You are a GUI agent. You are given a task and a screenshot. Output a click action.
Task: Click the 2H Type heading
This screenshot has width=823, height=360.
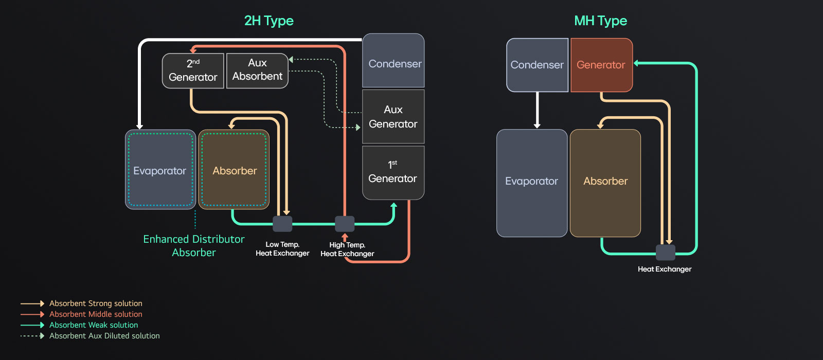pyautogui.click(x=269, y=21)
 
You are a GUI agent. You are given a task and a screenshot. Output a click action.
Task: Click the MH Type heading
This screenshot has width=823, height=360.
pyautogui.click(x=600, y=21)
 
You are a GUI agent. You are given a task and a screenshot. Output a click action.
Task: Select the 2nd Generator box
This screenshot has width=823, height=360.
pyautogui.click(x=193, y=70)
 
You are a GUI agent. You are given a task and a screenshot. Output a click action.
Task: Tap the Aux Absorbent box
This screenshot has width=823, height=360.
pyautogui.click(x=257, y=70)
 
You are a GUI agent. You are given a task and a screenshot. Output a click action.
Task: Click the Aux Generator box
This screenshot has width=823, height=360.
pyautogui.click(x=393, y=117)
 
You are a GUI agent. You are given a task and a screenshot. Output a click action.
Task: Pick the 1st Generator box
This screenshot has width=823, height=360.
pyautogui.click(x=393, y=172)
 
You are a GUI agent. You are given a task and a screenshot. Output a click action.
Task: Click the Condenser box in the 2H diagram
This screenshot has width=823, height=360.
pyautogui.click(x=394, y=61)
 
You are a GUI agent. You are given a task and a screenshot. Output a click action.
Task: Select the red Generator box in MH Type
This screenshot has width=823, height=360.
pyautogui.click(x=601, y=65)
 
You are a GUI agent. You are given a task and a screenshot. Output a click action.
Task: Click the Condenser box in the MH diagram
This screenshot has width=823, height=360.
pyautogui.click(x=537, y=65)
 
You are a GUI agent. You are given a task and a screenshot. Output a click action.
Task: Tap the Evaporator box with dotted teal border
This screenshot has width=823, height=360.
pyautogui.click(x=160, y=170)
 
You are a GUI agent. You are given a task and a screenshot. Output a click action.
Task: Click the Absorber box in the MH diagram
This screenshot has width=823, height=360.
pyautogui.click(x=605, y=183)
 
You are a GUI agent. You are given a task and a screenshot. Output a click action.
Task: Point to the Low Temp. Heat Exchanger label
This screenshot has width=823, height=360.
pyautogui.click(x=282, y=249)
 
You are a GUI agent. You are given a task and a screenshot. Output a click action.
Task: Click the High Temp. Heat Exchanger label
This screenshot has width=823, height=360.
pyautogui.click(x=347, y=249)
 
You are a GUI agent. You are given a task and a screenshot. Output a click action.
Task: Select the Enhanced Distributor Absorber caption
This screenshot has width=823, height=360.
pyautogui.click(x=194, y=246)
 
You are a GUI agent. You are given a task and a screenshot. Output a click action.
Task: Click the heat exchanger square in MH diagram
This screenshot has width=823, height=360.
pyautogui.click(x=665, y=253)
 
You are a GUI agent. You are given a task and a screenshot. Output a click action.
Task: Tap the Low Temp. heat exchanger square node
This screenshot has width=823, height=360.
pyautogui.click(x=282, y=224)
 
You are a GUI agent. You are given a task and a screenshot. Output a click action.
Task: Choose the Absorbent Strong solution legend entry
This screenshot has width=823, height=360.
pyautogui.click(x=96, y=303)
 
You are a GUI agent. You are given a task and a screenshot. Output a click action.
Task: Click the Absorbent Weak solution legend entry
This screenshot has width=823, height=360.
pyautogui.click(x=94, y=325)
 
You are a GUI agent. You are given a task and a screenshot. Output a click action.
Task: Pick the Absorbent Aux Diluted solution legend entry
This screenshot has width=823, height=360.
pyautogui.click(x=104, y=336)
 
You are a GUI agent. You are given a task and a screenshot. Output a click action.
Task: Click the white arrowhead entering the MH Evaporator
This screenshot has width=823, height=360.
pyautogui.click(x=537, y=125)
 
